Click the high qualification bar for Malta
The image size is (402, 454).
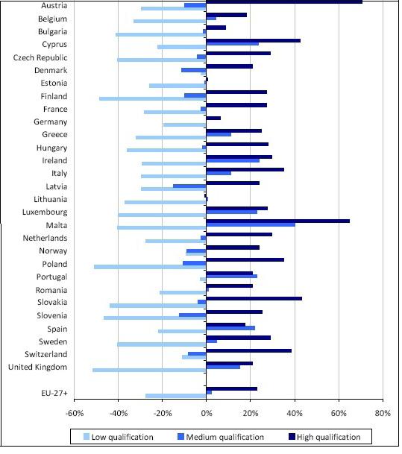[x=277, y=221]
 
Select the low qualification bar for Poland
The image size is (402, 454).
[x=150, y=267]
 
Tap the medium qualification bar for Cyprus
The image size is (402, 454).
[x=232, y=44]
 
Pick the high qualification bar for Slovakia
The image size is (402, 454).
[x=254, y=298]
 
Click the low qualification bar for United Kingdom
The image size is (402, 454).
[x=149, y=370]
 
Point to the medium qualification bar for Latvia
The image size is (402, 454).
[x=189, y=186]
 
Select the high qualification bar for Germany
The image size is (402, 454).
[x=213, y=118]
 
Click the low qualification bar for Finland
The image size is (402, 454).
[x=153, y=98]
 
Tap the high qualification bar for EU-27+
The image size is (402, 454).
[x=231, y=389]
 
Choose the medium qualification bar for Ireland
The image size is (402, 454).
[x=233, y=160]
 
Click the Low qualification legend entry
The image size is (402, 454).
[x=118, y=437]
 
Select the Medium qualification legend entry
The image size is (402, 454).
[x=221, y=437]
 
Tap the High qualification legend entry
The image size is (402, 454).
[x=324, y=437]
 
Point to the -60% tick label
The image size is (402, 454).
[x=75, y=413]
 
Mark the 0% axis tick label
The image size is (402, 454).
[x=207, y=413]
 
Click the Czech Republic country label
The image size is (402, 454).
[x=40, y=57]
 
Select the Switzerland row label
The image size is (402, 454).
[x=46, y=354]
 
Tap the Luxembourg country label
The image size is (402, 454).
[x=45, y=212]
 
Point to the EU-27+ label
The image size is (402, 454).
[x=54, y=393]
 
